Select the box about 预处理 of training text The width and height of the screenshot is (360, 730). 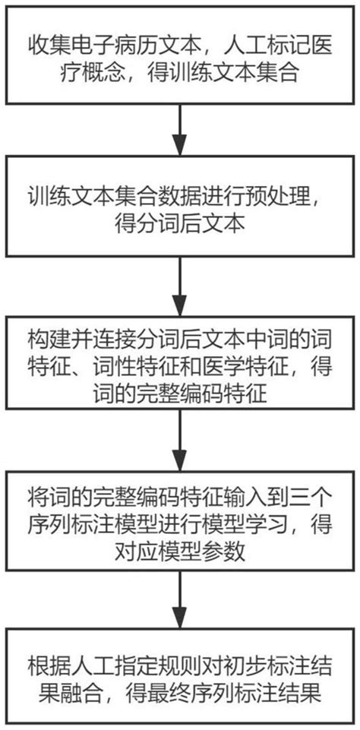179,206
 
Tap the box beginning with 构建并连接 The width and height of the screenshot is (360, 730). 179,364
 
